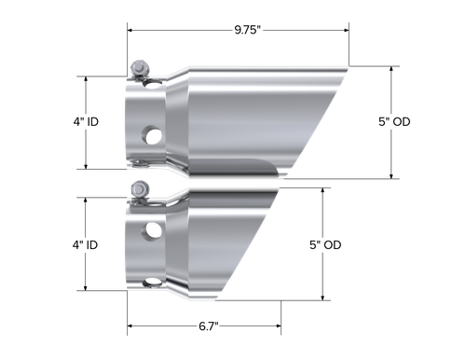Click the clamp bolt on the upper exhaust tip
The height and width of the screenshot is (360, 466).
(140, 68)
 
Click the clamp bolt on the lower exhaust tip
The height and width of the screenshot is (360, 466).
(140, 190)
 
